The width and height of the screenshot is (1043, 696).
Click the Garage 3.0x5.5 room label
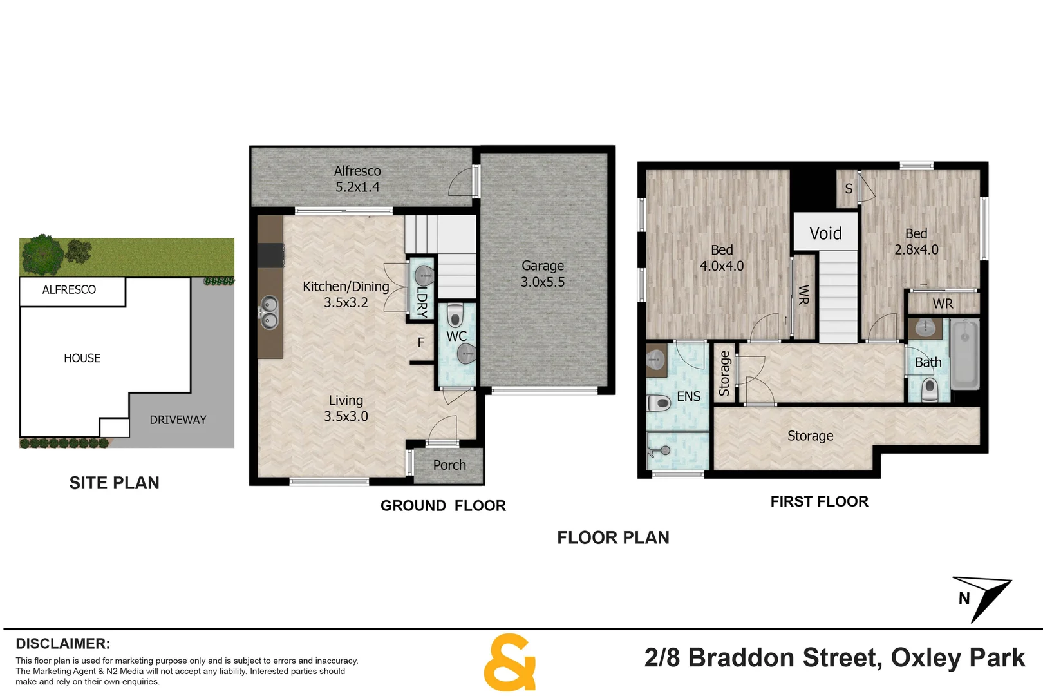pos(542,274)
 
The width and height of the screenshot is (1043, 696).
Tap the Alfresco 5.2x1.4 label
pos(357,179)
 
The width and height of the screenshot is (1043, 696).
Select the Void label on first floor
pos(825,233)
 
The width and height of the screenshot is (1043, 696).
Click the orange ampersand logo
pos(509,662)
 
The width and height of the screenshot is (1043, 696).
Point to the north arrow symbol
pos(982,597)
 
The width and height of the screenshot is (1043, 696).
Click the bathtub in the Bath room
pos(964,355)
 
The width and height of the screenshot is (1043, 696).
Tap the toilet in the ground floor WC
pos(455,315)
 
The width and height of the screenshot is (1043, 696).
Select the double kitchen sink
pos(268,312)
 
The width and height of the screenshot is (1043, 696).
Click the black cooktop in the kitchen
pos(270,255)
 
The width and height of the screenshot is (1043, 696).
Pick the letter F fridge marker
pos(421,343)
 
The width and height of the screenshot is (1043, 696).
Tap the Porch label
pos(449,465)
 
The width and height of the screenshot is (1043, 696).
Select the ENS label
pos(688,397)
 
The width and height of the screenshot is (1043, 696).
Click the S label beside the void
pos(849,189)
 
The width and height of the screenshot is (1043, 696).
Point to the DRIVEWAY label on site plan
pos(178,420)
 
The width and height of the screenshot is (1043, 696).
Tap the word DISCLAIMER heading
pos(62,644)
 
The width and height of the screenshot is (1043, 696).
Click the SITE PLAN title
pos(114,483)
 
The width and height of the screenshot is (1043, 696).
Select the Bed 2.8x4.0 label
pos(916,242)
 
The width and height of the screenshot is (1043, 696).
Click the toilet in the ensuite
pos(659,403)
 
